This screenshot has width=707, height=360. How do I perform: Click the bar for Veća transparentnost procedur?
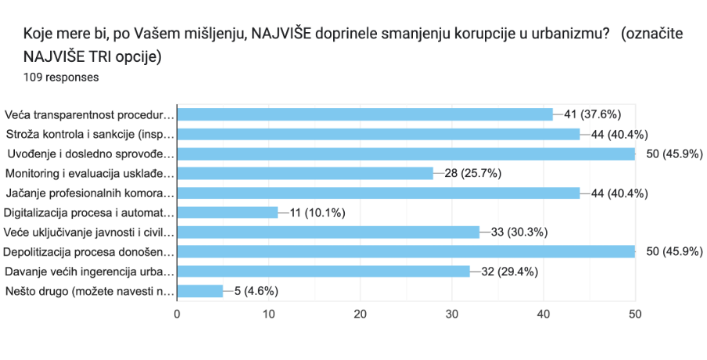point(365,114)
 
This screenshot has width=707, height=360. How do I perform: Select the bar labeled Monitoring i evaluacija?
point(305,173)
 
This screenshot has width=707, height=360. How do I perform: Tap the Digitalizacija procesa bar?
point(228,212)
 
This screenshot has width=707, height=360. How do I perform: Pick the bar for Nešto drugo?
point(200,291)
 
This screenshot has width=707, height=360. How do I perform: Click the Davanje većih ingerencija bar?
point(324,272)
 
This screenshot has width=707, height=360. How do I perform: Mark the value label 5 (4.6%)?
point(256,291)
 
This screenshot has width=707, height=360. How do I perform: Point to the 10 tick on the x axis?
point(269,314)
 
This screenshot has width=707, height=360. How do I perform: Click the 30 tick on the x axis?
point(452,314)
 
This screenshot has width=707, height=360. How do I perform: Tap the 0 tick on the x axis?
point(178,314)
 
